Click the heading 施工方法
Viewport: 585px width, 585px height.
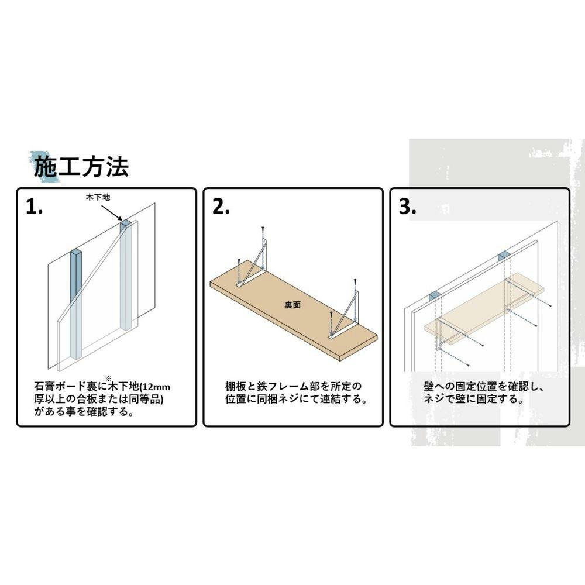tap(81, 167)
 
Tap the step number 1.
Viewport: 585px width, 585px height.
tap(34, 207)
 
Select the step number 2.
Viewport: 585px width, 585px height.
tap(221, 207)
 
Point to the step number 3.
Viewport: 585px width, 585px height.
tap(407, 207)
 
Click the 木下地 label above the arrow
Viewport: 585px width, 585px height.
tap(98, 197)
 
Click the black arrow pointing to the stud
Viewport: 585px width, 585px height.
tap(112, 213)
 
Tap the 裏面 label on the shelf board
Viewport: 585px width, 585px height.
tap(292, 305)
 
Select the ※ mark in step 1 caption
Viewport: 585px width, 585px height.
tap(108, 378)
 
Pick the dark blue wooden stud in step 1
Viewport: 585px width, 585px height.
tap(77, 304)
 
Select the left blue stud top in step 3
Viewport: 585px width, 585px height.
tap(435, 297)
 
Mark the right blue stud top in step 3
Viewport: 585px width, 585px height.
tap(504, 256)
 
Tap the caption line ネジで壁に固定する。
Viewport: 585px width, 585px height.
tap(473, 399)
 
